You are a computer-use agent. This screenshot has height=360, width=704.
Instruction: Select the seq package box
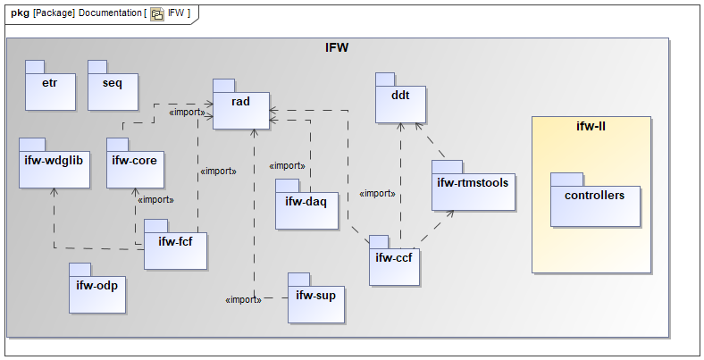(112, 89)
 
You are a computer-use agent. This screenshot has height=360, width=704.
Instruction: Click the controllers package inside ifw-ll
(596, 203)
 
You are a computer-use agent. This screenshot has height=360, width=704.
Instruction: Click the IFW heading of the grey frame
(337, 46)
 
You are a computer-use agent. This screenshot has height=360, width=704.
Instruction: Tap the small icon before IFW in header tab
(157, 13)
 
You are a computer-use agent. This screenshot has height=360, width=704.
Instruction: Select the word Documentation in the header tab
(109, 13)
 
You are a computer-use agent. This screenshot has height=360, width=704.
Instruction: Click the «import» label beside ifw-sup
(243, 299)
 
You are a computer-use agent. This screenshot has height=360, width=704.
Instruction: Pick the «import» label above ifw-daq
(287, 165)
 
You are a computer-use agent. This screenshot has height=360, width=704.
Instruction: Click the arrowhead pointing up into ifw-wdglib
(54, 191)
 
